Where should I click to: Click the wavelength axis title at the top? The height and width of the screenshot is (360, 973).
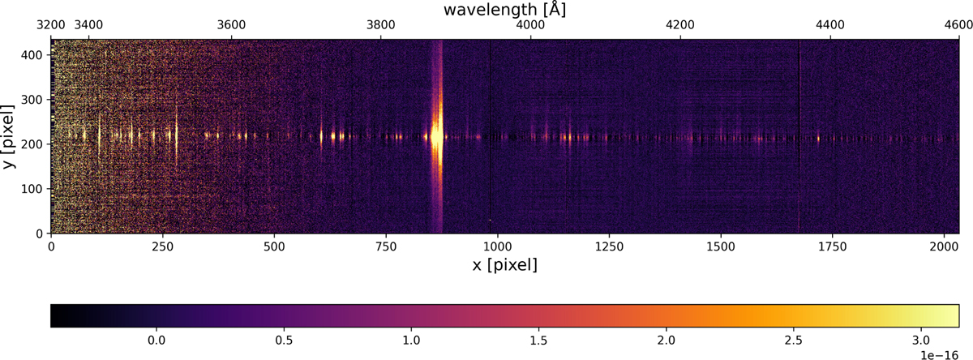pyautogui.click(x=504, y=10)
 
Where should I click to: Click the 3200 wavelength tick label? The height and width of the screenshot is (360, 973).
pyautogui.click(x=51, y=25)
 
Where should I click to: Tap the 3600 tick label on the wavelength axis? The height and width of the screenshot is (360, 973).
pyautogui.click(x=231, y=25)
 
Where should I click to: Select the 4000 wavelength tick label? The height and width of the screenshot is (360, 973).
pyautogui.click(x=530, y=25)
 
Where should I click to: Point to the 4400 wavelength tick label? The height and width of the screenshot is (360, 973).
pyautogui.click(x=830, y=25)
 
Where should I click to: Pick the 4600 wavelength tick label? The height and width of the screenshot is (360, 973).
pyautogui.click(x=958, y=25)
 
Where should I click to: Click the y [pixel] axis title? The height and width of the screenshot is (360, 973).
pyautogui.click(x=8, y=136)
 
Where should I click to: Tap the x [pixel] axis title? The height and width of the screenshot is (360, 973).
pyautogui.click(x=504, y=264)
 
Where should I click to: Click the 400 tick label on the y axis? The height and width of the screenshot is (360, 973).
pyautogui.click(x=32, y=55)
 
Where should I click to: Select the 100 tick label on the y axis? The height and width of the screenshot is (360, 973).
pyautogui.click(x=32, y=189)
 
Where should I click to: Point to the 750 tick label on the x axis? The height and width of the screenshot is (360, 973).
pyautogui.click(x=386, y=246)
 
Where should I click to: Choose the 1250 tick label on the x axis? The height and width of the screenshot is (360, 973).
pyautogui.click(x=609, y=246)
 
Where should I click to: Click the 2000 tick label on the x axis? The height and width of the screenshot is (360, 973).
pyautogui.click(x=944, y=246)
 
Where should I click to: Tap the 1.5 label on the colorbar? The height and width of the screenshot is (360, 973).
pyautogui.click(x=538, y=340)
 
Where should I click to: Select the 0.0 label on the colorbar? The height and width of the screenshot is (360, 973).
pyautogui.click(x=156, y=340)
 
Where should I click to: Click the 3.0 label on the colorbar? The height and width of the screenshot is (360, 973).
pyautogui.click(x=920, y=340)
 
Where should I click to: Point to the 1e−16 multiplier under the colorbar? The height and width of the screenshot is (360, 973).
pyautogui.click(x=939, y=355)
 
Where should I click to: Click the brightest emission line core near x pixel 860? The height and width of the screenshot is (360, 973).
pyautogui.click(x=435, y=136)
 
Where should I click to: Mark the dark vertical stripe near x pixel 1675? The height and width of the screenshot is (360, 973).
pyautogui.click(x=799, y=136)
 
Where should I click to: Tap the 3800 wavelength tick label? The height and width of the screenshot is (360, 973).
pyautogui.click(x=381, y=25)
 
